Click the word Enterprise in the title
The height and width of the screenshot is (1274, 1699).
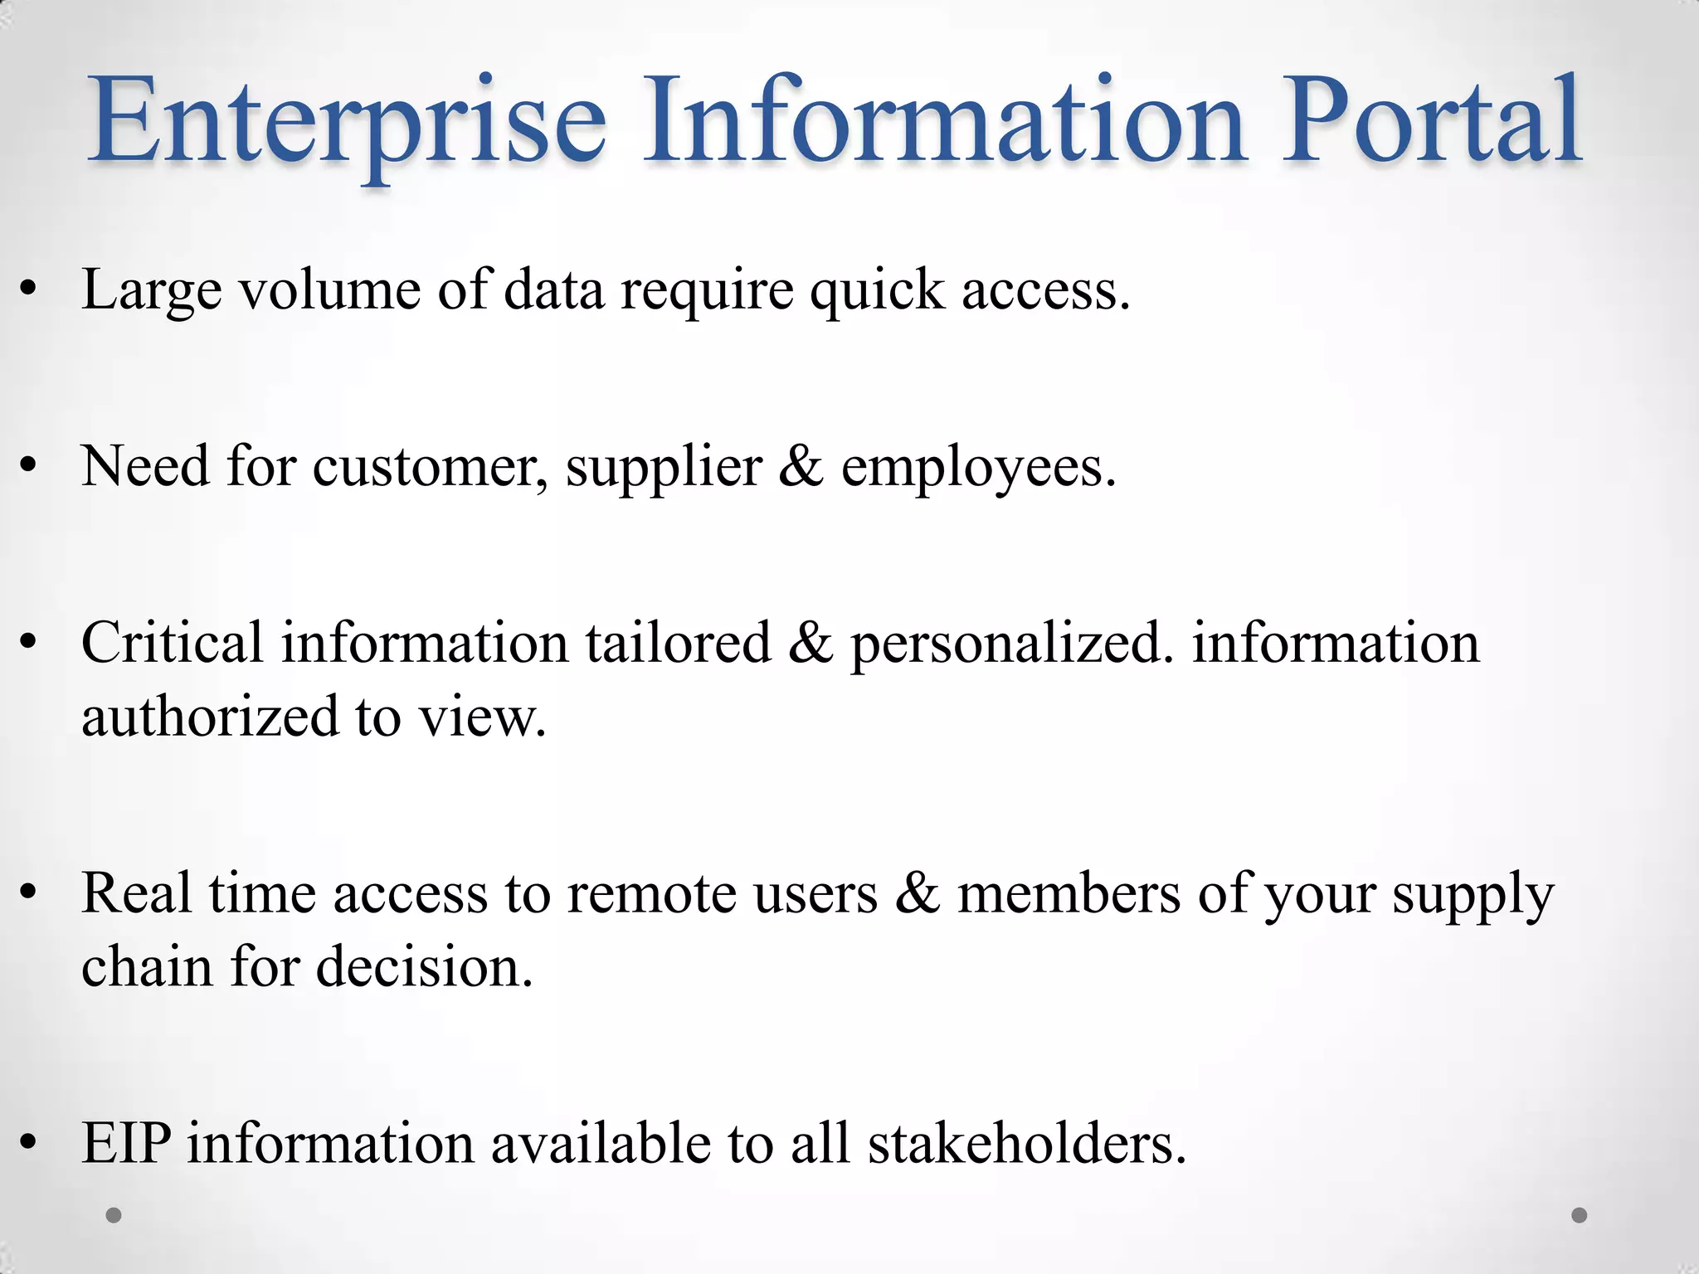click(x=348, y=120)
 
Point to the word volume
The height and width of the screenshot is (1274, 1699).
click(x=330, y=290)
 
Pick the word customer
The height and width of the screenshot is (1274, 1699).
click(x=430, y=467)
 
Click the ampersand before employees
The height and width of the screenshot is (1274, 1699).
click(x=801, y=467)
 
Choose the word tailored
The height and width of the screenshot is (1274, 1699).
click(x=679, y=643)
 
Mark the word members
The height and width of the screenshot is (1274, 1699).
click(x=1069, y=894)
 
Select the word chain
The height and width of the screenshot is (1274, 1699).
click(x=147, y=967)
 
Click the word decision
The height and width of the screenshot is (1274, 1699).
click(x=424, y=967)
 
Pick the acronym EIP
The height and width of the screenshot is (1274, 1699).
click(x=126, y=1144)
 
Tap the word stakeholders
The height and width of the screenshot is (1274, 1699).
click(x=1027, y=1144)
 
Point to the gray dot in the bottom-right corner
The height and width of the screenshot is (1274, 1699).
click(x=1580, y=1215)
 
